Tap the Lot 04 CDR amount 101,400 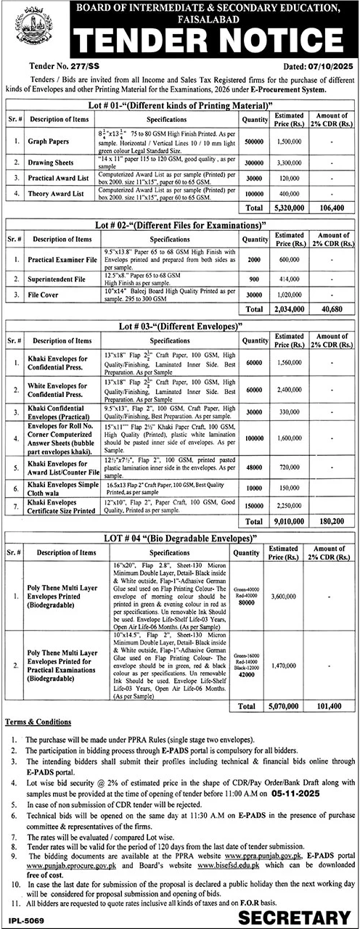tap(332, 704)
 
